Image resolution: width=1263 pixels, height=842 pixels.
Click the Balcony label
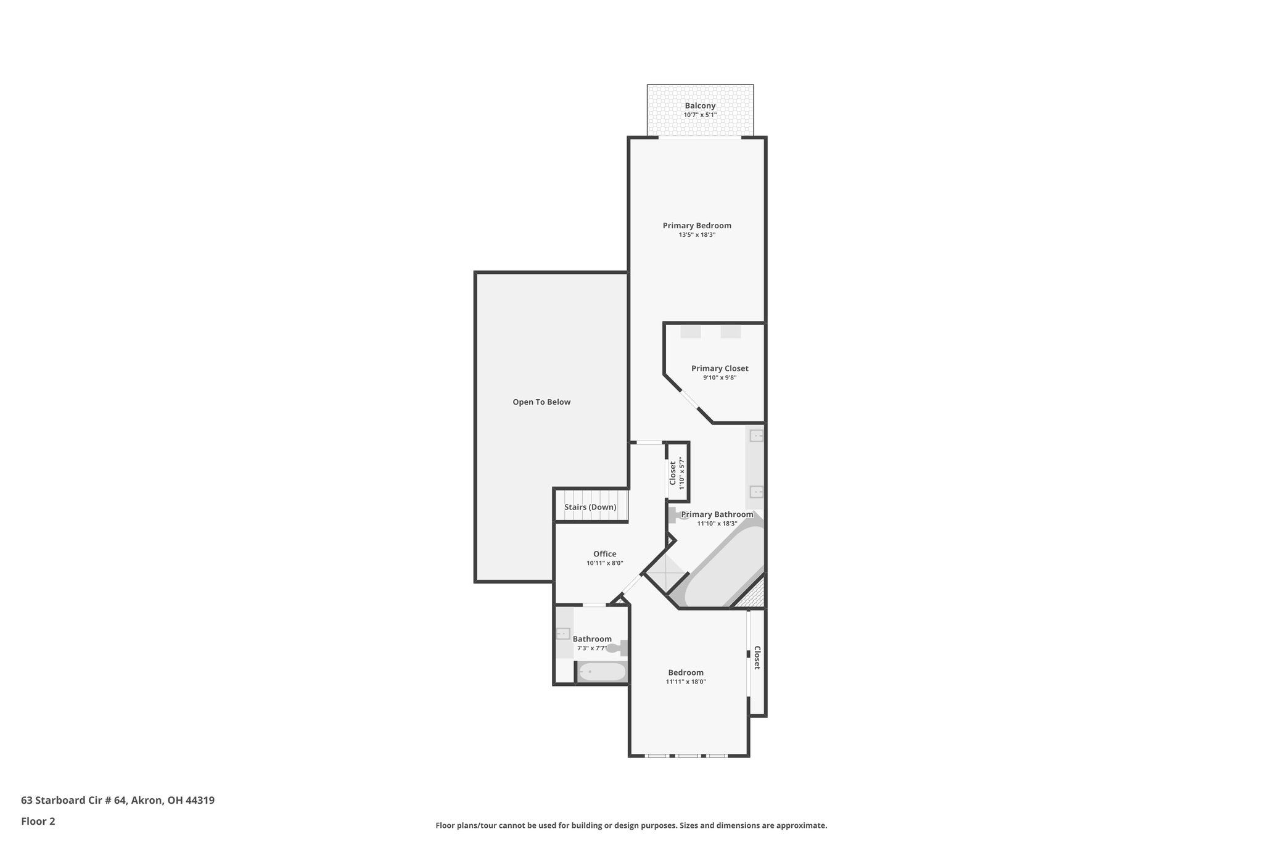(x=700, y=105)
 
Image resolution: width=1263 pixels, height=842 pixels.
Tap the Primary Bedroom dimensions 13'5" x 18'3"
(x=697, y=235)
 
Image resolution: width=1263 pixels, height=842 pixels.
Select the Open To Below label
(x=541, y=402)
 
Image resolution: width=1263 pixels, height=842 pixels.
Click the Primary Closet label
(x=720, y=368)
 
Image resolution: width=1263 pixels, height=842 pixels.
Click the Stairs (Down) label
(x=590, y=507)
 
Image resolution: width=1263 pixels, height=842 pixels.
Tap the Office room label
(x=604, y=554)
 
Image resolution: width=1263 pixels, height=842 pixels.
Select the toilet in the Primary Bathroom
(x=677, y=514)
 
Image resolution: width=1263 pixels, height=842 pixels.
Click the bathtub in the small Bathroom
(x=602, y=672)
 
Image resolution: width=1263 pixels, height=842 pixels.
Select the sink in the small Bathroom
(x=562, y=634)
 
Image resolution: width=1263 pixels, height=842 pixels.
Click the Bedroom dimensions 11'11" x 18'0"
(x=686, y=682)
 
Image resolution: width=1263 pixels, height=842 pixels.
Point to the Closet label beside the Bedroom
(x=757, y=658)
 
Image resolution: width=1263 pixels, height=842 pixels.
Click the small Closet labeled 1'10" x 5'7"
(x=677, y=473)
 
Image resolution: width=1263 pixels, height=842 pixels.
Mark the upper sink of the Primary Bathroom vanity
(x=756, y=436)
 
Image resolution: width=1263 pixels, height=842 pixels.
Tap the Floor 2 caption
(x=38, y=821)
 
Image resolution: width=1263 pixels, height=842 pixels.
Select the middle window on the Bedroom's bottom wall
(x=688, y=756)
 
